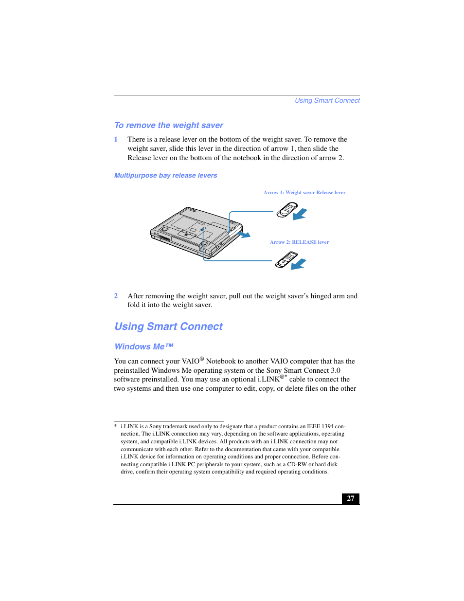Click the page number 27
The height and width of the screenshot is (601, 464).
pos(350,498)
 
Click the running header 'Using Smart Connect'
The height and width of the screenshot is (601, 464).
pos(327,101)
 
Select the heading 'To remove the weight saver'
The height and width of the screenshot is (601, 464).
pos(168,126)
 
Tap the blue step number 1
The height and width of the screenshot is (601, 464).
pos(116,139)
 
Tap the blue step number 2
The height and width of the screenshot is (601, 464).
pos(116,296)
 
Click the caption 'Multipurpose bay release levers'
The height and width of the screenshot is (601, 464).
pos(165,176)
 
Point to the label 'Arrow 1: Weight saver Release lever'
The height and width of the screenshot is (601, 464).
pos(304,193)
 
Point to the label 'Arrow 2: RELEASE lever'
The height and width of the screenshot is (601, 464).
pos(299,242)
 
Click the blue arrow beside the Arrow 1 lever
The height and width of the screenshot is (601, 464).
pos(300,214)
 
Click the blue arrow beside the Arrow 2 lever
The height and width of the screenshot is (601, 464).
pos(299,264)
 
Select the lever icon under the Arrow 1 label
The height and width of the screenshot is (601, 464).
pos(286,210)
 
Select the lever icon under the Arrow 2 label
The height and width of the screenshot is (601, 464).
pos(286,259)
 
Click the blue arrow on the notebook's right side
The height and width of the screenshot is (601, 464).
pos(244,235)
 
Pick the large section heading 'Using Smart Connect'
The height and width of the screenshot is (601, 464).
pos(168,327)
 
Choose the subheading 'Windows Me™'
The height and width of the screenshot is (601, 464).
pos(143,347)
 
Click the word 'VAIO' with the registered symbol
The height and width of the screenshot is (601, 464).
pos(191,361)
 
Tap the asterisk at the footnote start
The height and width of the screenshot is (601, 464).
pos(115,427)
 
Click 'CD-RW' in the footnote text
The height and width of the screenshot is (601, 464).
pos(297,464)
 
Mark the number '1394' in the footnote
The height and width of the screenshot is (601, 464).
pos(327,426)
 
